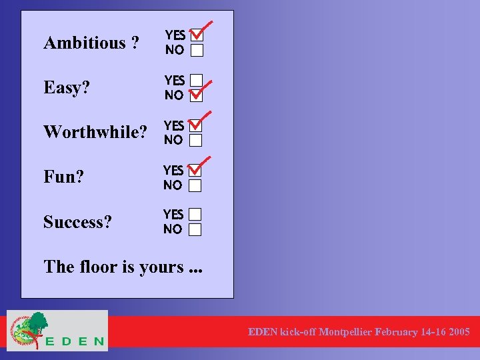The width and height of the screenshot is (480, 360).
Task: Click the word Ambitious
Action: tap(84, 43)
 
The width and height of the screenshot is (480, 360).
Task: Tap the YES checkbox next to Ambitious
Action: tap(195, 35)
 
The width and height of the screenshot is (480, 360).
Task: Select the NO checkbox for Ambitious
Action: tap(195, 51)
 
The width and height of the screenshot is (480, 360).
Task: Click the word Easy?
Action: tap(67, 88)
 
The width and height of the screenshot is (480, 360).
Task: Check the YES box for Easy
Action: tap(195, 81)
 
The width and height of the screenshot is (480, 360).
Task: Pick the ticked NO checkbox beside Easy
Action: tap(195, 95)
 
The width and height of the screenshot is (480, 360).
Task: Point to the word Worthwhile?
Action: tap(95, 132)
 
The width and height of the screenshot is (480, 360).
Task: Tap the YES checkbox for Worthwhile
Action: tap(195, 125)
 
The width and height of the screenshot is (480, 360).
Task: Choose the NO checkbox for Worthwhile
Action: tap(195, 140)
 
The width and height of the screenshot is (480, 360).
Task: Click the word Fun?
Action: tap(63, 177)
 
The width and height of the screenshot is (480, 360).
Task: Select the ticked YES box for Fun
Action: tap(195, 171)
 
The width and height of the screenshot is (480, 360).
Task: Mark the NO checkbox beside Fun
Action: tap(195, 185)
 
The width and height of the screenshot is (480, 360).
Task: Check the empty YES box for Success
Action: tap(195, 215)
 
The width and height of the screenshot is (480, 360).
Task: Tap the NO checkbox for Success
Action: tap(195, 230)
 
